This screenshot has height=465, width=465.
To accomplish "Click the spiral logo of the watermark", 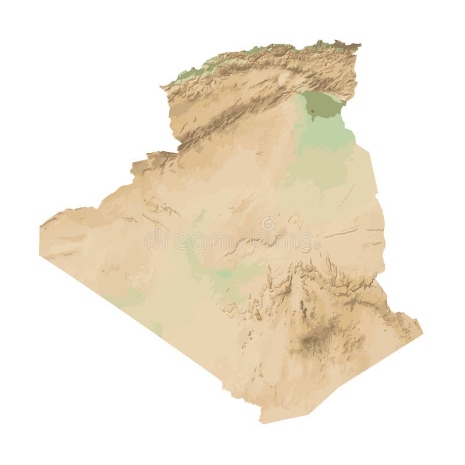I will click(269, 223).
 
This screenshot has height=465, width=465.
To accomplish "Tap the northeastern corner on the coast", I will click(359, 44).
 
